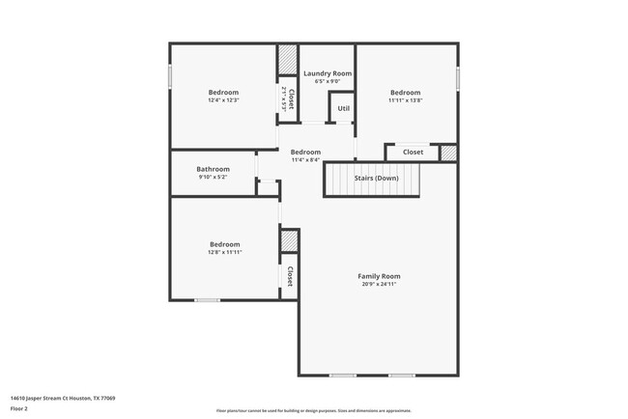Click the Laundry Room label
click(327, 73)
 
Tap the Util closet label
click(343, 109)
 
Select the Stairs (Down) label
click(375, 179)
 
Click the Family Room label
click(379, 276)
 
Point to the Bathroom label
click(213, 169)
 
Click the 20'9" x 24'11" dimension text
click(379, 285)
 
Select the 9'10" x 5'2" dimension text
click(213, 178)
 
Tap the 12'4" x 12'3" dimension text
click(223, 100)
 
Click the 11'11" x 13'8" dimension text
click(406, 100)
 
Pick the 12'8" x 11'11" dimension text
click(223, 253)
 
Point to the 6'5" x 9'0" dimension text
click(327, 82)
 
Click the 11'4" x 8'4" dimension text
click(305, 160)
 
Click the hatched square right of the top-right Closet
click(447, 153)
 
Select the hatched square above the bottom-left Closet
click(288, 241)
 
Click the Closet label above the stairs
click(413, 153)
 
